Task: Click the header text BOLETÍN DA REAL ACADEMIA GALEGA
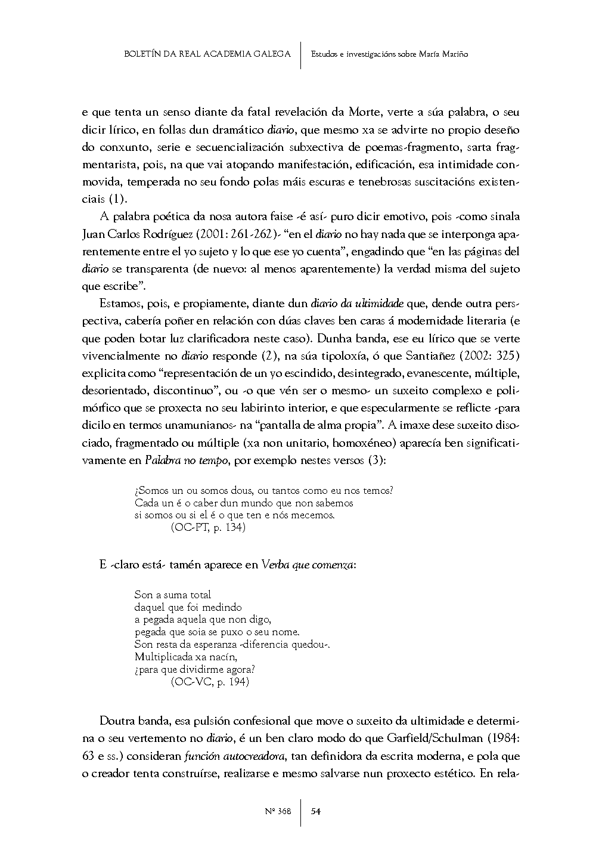click(207, 54)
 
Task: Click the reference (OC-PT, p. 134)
click(208, 528)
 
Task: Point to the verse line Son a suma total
click(173, 595)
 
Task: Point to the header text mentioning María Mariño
click(389, 54)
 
